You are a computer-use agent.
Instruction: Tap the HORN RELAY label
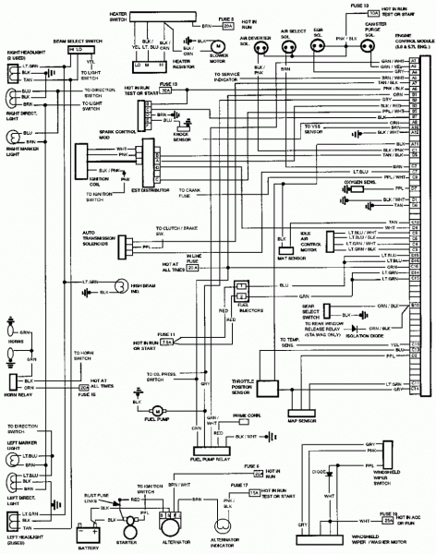point(18,402)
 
